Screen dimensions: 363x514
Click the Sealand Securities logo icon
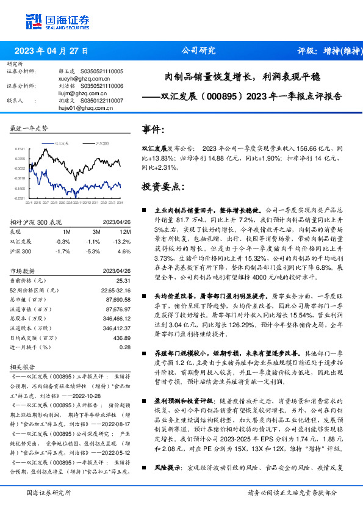34,22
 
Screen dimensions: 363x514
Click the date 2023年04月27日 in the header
51,51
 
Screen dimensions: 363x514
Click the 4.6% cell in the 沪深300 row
124,251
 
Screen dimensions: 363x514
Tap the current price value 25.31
123,280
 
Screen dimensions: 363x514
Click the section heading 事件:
153,130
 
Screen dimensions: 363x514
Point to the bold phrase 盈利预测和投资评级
184,401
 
